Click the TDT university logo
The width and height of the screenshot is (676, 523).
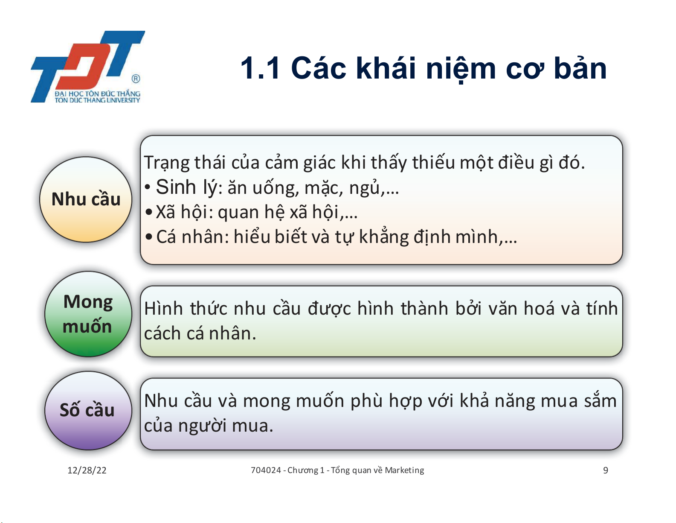[x=87, y=67]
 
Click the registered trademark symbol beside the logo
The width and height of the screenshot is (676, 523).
[x=136, y=79]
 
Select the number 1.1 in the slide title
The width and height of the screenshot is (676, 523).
[x=260, y=68]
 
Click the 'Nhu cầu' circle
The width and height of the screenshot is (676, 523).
[x=86, y=199]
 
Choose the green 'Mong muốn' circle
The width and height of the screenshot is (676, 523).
[x=88, y=314]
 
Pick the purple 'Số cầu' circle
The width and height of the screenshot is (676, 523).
[x=88, y=410]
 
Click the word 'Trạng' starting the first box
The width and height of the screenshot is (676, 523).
[x=167, y=163]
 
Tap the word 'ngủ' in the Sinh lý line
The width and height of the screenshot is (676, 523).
[x=364, y=188]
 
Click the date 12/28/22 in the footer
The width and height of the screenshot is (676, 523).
[x=87, y=470]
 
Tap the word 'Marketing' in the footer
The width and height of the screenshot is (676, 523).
[x=404, y=470]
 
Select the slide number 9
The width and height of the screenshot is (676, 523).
[x=606, y=470]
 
